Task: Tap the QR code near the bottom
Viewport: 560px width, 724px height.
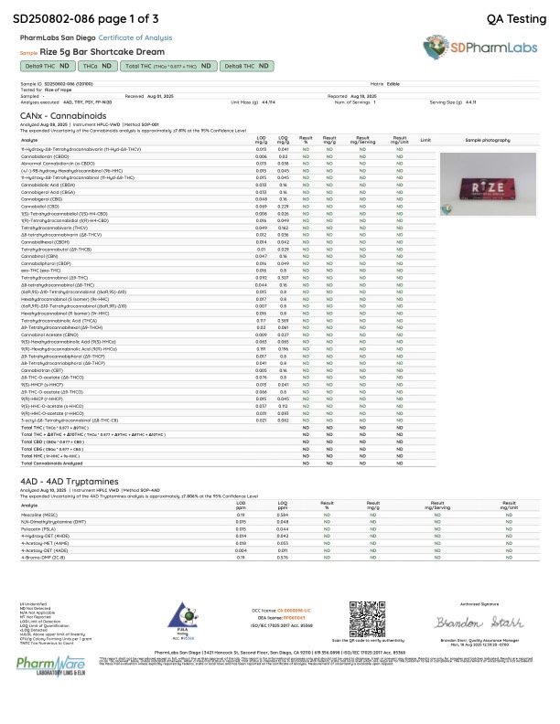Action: point(371,637)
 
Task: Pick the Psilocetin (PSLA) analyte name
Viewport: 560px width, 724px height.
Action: point(38,529)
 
